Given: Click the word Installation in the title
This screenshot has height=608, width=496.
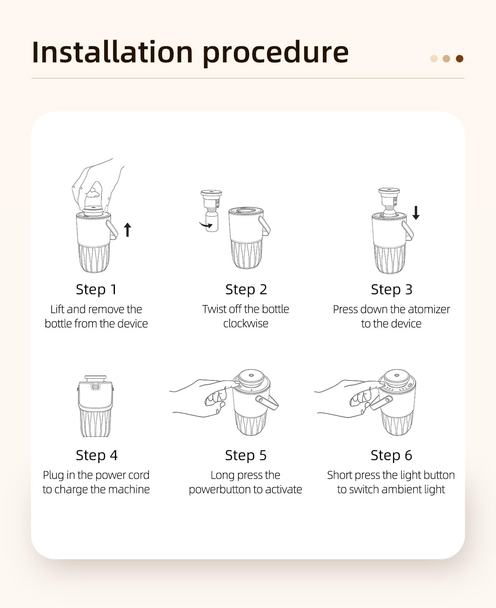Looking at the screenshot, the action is [112, 52].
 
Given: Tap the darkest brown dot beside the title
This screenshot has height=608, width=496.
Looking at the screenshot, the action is [460, 59].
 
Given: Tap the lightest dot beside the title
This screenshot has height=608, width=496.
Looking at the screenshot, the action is [434, 59].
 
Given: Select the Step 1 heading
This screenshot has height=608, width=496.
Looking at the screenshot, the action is [96, 290].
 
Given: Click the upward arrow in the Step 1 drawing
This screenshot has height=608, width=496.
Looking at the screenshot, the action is [128, 230].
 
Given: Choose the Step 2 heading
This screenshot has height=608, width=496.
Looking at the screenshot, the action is [246, 290].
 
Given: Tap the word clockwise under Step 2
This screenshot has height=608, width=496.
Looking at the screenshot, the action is [246, 323].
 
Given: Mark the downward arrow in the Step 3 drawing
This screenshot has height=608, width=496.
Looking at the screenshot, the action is [416, 213].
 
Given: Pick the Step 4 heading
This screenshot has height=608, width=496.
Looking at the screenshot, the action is [97, 455].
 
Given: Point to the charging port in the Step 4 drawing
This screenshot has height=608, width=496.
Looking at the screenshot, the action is [95, 385].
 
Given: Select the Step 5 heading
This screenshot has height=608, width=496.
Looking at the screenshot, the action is [246, 455].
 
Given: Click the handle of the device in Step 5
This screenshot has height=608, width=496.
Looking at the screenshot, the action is [267, 402].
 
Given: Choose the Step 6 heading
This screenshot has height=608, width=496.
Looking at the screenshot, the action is [391, 455].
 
